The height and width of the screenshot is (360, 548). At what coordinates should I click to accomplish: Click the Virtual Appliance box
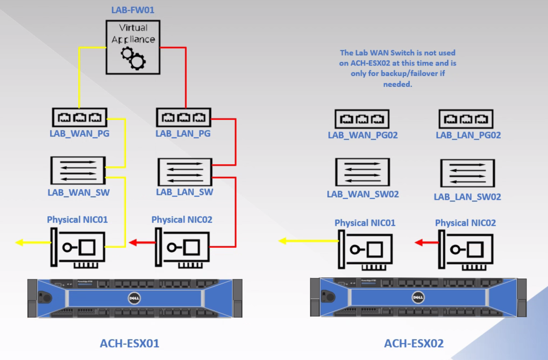(133, 47)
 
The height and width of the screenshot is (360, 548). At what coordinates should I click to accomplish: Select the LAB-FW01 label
(133, 10)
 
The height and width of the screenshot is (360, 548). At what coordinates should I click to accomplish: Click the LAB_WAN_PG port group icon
(79, 117)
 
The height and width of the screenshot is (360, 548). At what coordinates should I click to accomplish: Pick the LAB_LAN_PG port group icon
(183, 117)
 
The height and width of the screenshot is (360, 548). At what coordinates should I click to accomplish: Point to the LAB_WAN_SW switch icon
(78, 170)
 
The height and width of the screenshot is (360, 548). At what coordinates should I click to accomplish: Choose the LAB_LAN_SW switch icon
(185, 172)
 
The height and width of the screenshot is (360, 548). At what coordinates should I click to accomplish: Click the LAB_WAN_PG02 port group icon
(362, 119)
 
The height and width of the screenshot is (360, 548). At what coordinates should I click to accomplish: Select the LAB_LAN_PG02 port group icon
(466, 119)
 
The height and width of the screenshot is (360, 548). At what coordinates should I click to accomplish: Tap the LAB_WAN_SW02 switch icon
(362, 172)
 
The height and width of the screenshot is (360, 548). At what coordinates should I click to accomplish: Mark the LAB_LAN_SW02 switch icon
(467, 173)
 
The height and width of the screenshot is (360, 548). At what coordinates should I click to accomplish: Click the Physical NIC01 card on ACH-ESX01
(78, 248)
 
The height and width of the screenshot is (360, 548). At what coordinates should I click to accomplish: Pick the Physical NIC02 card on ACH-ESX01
(183, 248)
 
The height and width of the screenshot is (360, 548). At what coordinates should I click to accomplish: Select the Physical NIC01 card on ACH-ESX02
(365, 250)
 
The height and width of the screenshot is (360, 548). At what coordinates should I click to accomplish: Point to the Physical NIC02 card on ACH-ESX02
(466, 250)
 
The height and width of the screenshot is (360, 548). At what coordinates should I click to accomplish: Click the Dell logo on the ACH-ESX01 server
(134, 298)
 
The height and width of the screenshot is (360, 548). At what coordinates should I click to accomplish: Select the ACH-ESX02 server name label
(414, 343)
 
